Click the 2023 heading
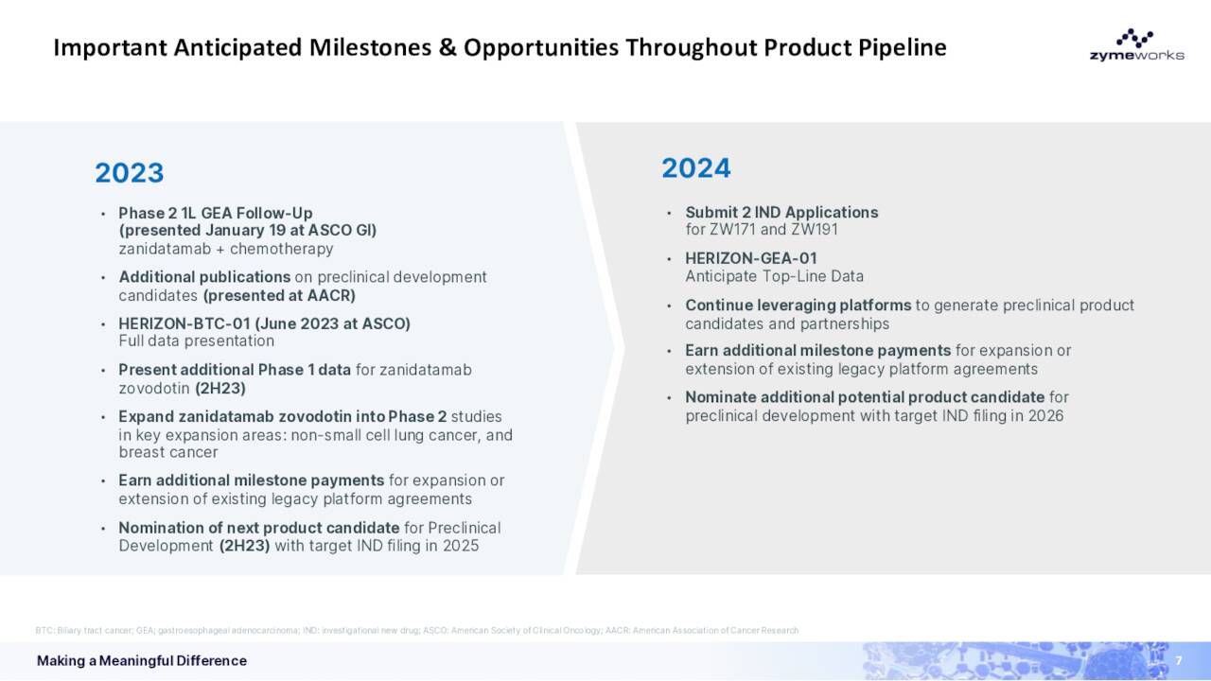click(x=130, y=173)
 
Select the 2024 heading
click(x=695, y=168)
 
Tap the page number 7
click(x=1179, y=660)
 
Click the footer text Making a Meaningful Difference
click(x=142, y=660)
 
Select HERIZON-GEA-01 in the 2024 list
click(x=750, y=258)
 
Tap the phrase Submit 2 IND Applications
click(x=781, y=212)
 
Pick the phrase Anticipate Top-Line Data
click(x=774, y=276)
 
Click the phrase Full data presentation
click(x=196, y=340)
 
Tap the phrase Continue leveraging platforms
click(x=798, y=306)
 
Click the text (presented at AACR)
click(x=279, y=295)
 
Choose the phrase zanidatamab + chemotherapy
click(x=225, y=249)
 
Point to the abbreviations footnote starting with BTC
click(x=416, y=630)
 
